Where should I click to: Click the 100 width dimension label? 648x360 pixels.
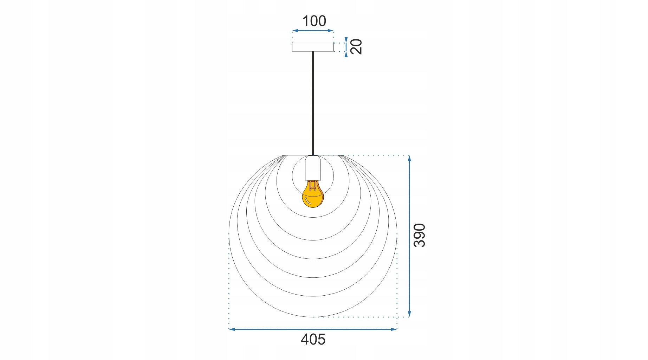click(314, 21)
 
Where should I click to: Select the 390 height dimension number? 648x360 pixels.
click(420, 235)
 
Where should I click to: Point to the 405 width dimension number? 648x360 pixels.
click(313, 339)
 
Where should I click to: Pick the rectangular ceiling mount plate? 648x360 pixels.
click(313, 47)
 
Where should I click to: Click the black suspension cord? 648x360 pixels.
click(313, 103)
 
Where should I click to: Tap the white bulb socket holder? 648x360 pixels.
click(313, 168)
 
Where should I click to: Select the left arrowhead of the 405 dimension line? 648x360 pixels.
click(232, 329)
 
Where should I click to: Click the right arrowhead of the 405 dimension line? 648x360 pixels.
click(394, 329)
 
